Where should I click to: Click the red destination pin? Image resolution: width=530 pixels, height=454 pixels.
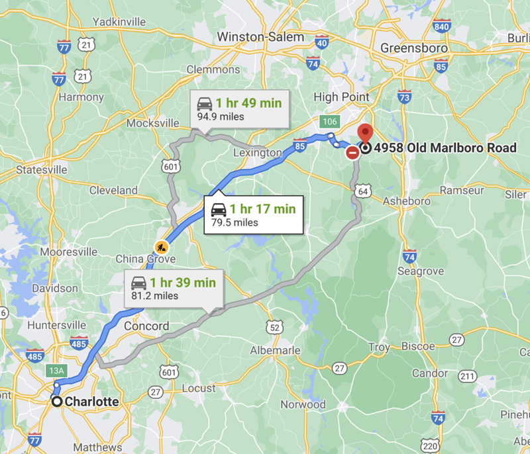click(364, 134)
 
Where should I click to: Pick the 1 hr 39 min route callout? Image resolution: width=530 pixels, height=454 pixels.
click(174, 289)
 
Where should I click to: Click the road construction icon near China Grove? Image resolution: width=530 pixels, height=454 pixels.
click(161, 248)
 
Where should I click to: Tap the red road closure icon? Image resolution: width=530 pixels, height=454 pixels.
click(352, 153)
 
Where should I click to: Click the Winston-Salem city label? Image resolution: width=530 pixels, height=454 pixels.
click(261, 37)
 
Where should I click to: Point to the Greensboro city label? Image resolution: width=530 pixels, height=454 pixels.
click(414, 48)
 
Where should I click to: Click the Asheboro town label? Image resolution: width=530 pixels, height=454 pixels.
click(403, 201)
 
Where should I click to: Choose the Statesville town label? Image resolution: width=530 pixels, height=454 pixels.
click(41, 169)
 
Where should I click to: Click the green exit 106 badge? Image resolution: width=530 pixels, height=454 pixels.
click(329, 121)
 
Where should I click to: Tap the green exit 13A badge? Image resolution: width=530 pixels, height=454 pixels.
click(56, 371)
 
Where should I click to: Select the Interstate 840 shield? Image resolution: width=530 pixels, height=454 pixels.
click(441, 26)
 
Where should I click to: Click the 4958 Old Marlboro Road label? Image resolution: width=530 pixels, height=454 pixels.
click(445, 148)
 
